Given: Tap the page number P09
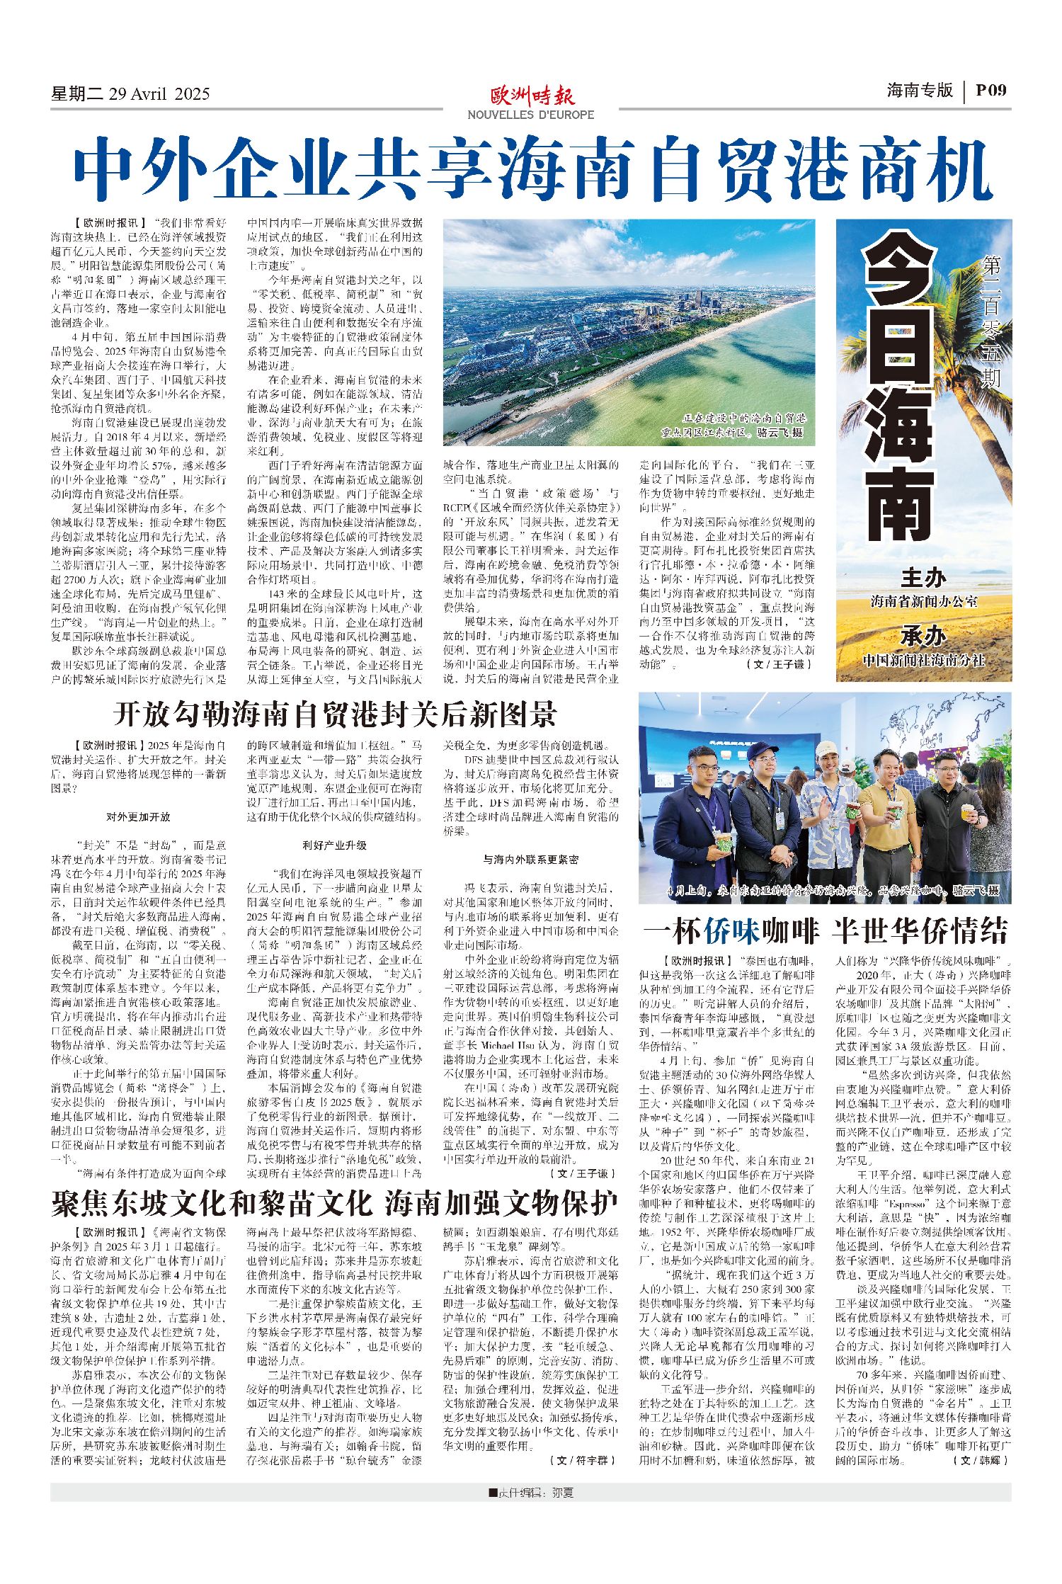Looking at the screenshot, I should click(x=990, y=90).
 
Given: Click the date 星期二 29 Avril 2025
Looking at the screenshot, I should click(x=130, y=93).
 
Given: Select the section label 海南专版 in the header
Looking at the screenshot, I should click(x=920, y=90).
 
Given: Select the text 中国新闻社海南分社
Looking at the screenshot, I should click(x=924, y=660).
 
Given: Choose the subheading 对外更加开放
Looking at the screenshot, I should click(x=138, y=816).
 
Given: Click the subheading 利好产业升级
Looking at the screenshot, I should click(x=335, y=845).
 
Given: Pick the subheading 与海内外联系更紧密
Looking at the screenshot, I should click(x=531, y=859).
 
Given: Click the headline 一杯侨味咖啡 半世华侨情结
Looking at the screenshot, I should click(x=825, y=931).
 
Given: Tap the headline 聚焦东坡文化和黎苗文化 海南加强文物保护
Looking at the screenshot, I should click(x=335, y=1203).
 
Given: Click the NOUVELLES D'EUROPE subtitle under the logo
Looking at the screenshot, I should click(x=531, y=115).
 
